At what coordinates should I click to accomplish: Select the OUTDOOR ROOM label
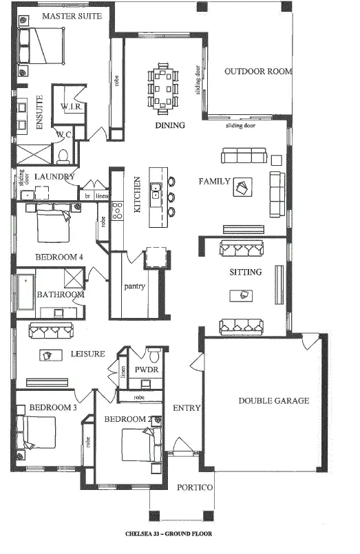point(258,71)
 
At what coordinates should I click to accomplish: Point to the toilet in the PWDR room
point(155,357)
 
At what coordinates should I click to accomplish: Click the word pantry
point(134,286)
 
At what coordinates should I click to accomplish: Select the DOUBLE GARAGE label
point(273,401)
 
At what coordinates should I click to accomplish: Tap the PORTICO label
point(195,487)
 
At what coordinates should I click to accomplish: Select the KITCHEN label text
point(138,193)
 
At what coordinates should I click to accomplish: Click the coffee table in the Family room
point(243,187)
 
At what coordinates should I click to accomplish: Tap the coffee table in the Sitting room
point(244,295)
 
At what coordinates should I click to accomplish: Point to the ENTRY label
point(187,408)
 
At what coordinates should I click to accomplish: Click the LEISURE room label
point(88,354)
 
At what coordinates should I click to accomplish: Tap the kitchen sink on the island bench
point(156,191)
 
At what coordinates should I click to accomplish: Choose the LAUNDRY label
point(54,177)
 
